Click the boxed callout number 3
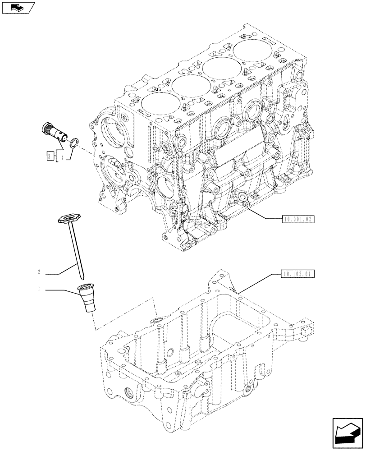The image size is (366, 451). [x=50, y=156]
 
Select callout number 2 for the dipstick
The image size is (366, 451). [x=39, y=272]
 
